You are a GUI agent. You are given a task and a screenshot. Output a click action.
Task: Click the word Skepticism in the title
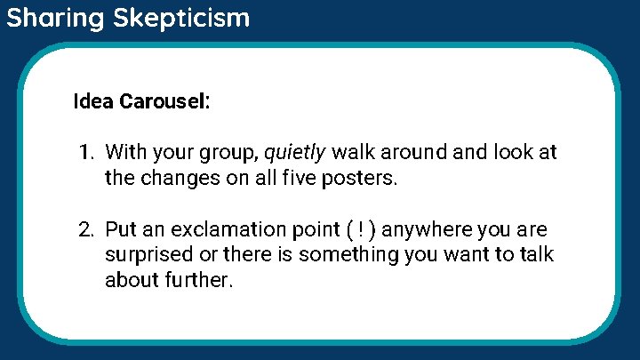pyautogui.click(x=181, y=18)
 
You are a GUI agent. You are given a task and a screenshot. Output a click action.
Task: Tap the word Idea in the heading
pyautogui.click(x=93, y=101)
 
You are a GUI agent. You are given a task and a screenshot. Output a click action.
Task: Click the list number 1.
pyautogui.click(x=84, y=153)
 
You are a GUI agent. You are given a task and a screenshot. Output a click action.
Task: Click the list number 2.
pyautogui.click(x=84, y=230)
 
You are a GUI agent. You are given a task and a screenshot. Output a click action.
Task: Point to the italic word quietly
pyautogui.click(x=295, y=153)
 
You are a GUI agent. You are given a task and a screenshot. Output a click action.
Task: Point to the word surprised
pyautogui.click(x=146, y=256)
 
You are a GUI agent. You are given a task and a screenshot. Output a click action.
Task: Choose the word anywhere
pyautogui.click(x=427, y=230)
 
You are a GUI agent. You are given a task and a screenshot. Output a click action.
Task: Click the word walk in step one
pyautogui.click(x=353, y=153)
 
